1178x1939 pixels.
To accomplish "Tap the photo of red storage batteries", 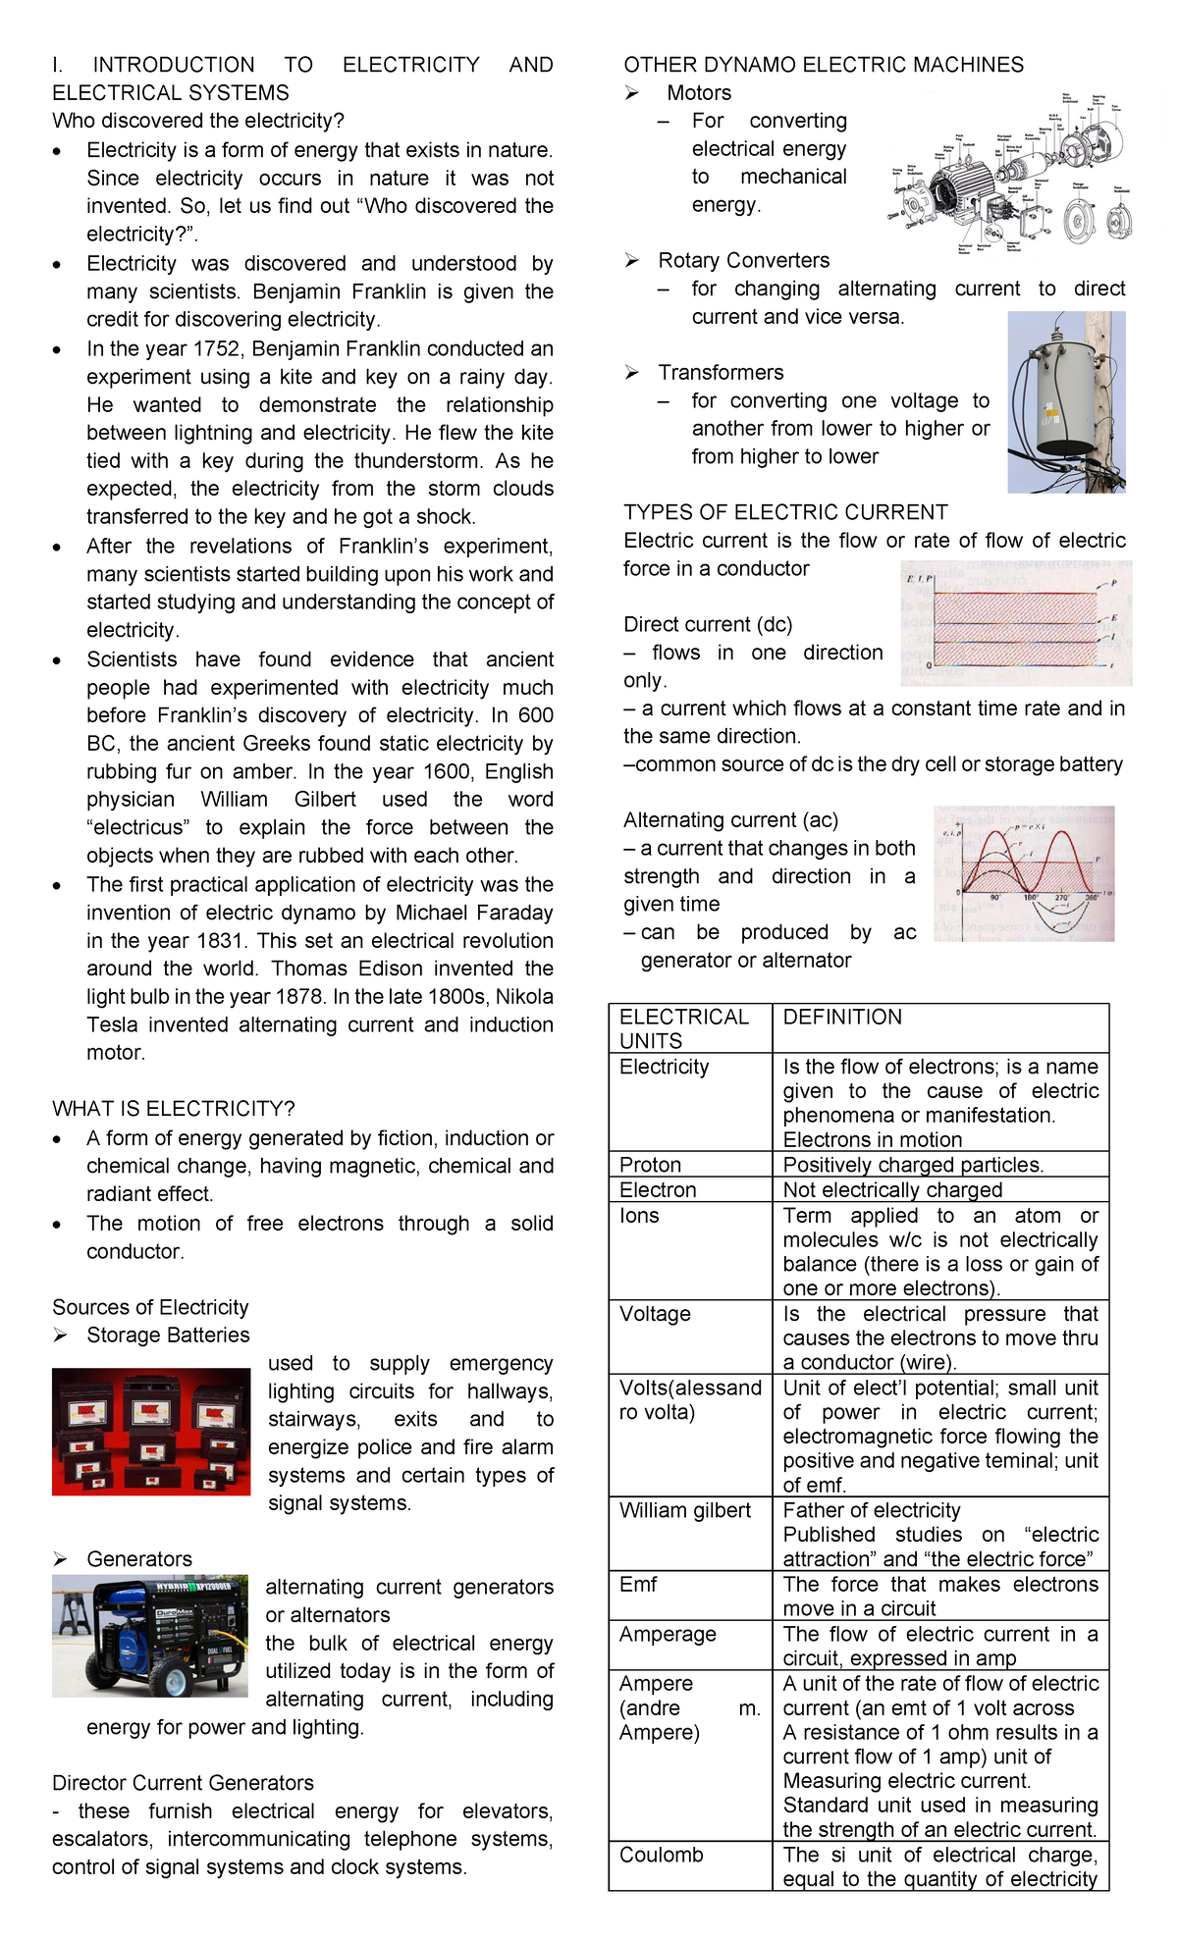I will pos(151,1432).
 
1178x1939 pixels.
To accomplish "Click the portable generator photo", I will pos(149,1636).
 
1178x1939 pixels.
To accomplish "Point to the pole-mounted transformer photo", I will pos(1066,402).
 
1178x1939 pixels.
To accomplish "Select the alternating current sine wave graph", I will pos(1024,873).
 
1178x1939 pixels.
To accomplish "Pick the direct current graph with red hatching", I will pos(1016,623).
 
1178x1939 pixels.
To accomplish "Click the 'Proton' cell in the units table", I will pos(650,1165).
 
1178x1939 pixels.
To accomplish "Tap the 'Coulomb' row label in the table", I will pos(662,1855).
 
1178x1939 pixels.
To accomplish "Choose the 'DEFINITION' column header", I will pos(842,1018).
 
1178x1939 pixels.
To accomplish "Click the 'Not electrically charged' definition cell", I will pos(892,1190).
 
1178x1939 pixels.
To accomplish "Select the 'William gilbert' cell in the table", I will pos(685,1510).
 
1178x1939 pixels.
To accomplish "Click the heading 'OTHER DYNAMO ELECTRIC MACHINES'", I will pos(823,65).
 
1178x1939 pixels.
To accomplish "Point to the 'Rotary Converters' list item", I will pos(743,261).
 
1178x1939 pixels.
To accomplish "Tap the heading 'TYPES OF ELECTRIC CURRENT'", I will pos(785,512).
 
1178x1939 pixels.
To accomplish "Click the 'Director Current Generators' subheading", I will pos(183,1783).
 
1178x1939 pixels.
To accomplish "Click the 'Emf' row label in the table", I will pos(638,1584).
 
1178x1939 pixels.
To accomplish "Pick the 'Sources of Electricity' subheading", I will pos(150,1307).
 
